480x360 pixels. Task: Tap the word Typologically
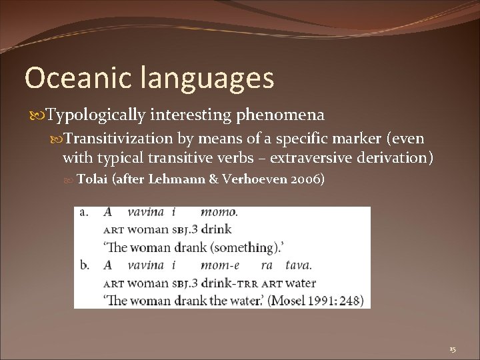(x=95, y=115)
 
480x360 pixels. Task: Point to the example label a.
(x=85, y=213)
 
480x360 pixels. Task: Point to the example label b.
(x=85, y=265)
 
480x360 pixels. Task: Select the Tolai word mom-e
(x=218, y=265)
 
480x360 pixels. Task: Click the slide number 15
(x=453, y=349)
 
